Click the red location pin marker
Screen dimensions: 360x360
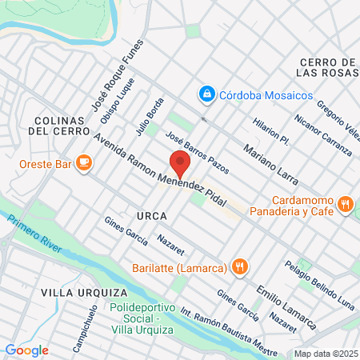[x=180, y=165]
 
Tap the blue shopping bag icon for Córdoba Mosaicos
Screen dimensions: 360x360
[x=208, y=94]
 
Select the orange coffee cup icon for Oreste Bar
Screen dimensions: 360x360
[x=84, y=162]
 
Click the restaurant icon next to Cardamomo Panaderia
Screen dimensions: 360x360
[x=346, y=204]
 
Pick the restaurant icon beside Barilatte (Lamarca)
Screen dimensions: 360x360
[x=238, y=266]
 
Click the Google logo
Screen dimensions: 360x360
[x=26, y=350]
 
